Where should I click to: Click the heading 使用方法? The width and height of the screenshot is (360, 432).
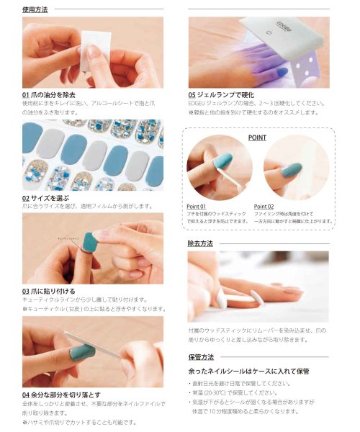(35, 9)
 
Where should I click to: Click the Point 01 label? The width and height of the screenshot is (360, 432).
(197, 206)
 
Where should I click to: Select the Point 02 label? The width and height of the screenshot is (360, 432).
(264, 206)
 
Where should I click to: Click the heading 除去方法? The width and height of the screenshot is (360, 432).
(200, 243)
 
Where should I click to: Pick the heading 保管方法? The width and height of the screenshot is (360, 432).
(200, 356)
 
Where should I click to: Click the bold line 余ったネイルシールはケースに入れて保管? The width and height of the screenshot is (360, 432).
(244, 371)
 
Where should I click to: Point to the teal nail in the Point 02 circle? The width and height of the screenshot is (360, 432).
(292, 171)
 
